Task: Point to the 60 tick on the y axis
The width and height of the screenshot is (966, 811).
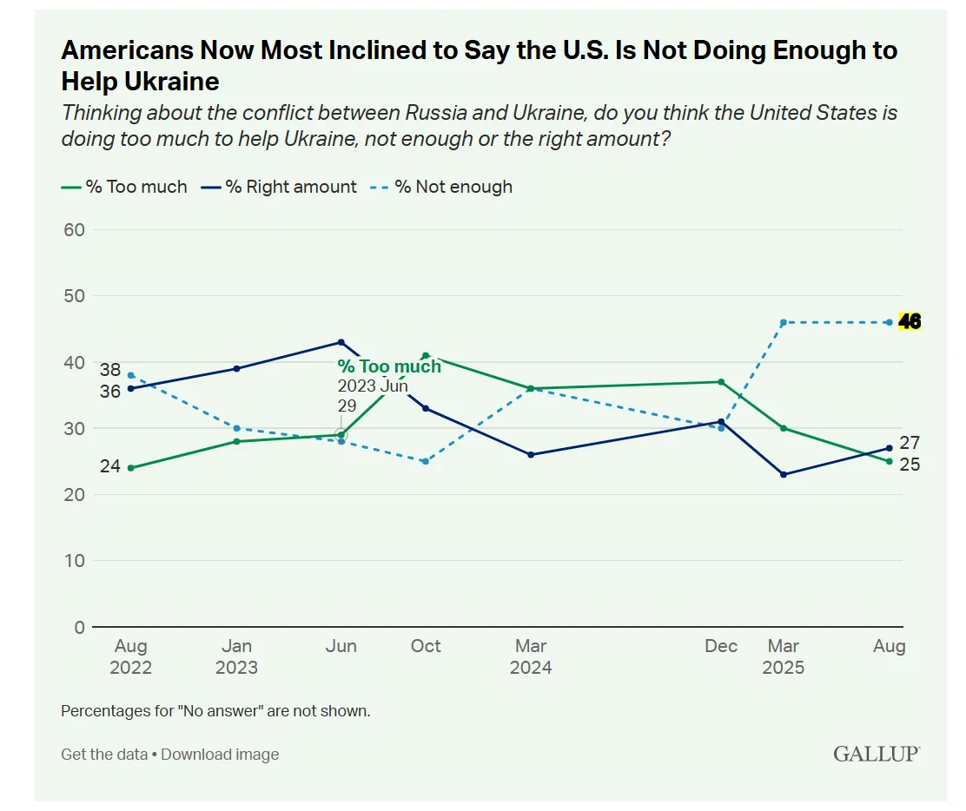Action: click(74, 229)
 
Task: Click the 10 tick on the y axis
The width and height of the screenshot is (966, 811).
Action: click(74, 561)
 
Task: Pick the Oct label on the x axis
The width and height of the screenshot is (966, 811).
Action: click(426, 646)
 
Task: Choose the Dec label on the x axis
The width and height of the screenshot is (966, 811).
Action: click(721, 646)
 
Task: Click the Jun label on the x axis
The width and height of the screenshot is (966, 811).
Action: click(341, 646)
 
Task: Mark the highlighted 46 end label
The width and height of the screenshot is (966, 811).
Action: click(910, 322)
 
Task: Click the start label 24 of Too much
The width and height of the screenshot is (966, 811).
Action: click(109, 466)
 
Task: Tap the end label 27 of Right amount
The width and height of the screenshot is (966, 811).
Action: click(910, 443)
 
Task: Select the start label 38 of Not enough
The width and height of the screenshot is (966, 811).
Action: click(109, 368)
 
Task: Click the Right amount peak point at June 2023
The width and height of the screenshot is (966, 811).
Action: click(341, 342)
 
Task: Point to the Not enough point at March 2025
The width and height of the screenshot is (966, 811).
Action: click(784, 322)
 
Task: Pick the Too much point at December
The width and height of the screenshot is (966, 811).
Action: click(721, 382)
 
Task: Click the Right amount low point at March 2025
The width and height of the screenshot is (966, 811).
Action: click(784, 475)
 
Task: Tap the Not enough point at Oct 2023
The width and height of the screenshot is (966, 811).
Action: click(426, 461)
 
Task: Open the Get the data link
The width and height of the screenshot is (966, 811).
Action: click(104, 755)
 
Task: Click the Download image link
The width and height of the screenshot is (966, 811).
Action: click(220, 755)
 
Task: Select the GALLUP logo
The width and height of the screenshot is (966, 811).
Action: click(876, 753)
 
